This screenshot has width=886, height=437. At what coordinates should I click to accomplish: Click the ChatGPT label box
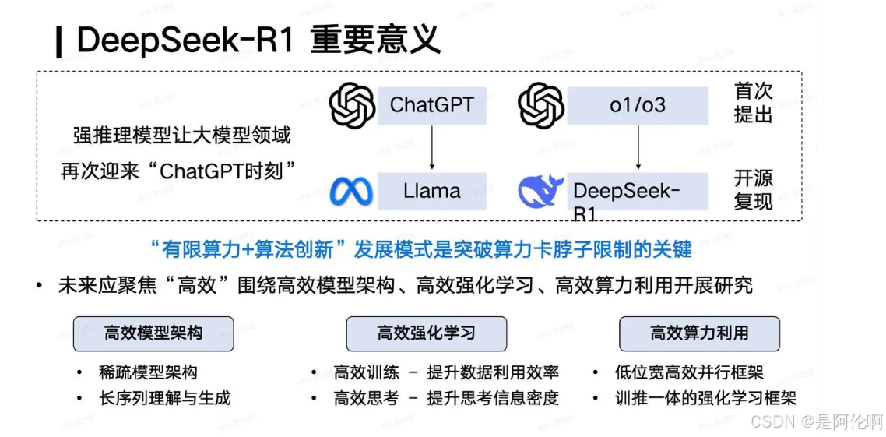[x=431, y=105]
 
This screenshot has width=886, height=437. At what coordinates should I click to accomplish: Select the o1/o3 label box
[x=638, y=105]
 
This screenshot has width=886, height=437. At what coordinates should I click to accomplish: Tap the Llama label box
[x=431, y=191]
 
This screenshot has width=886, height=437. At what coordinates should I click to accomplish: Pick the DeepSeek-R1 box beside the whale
[x=638, y=192]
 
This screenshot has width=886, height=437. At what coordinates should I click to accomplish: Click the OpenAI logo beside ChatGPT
[x=352, y=106]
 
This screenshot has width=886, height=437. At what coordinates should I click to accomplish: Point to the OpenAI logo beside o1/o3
[x=541, y=106]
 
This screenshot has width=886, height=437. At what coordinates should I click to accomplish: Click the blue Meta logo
[x=351, y=192]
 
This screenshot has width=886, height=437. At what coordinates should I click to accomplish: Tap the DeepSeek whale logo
[x=542, y=192]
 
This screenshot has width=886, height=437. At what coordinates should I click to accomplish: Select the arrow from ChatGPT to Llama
[x=431, y=148]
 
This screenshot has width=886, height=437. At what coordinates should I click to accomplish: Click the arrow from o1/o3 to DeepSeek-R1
[x=638, y=148]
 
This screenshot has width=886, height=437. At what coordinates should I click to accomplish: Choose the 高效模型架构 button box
[x=153, y=333]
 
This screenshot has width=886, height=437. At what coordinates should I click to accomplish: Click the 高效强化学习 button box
[x=426, y=333]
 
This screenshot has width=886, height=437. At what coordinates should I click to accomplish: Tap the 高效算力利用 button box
[x=699, y=333]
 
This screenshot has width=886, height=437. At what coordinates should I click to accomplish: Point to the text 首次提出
[x=753, y=102]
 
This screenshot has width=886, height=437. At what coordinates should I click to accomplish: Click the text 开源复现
[x=753, y=189]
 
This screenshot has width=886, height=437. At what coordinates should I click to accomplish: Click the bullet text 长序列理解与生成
[x=165, y=397]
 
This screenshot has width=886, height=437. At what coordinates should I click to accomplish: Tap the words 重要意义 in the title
[x=375, y=40]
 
